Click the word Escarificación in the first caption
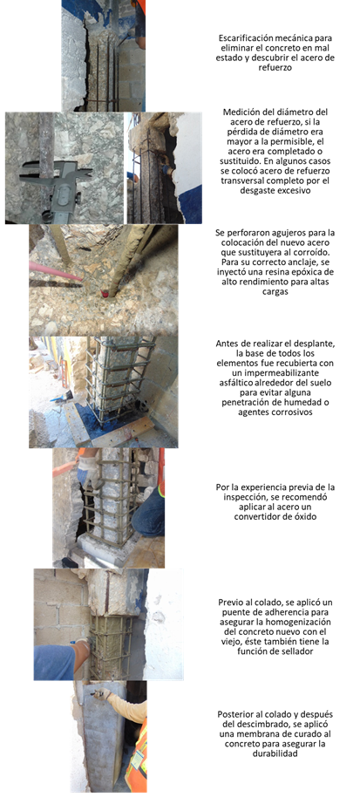(241, 38)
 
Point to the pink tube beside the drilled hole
(55, 271)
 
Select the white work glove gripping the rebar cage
(90, 468)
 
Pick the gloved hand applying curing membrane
(103, 693)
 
